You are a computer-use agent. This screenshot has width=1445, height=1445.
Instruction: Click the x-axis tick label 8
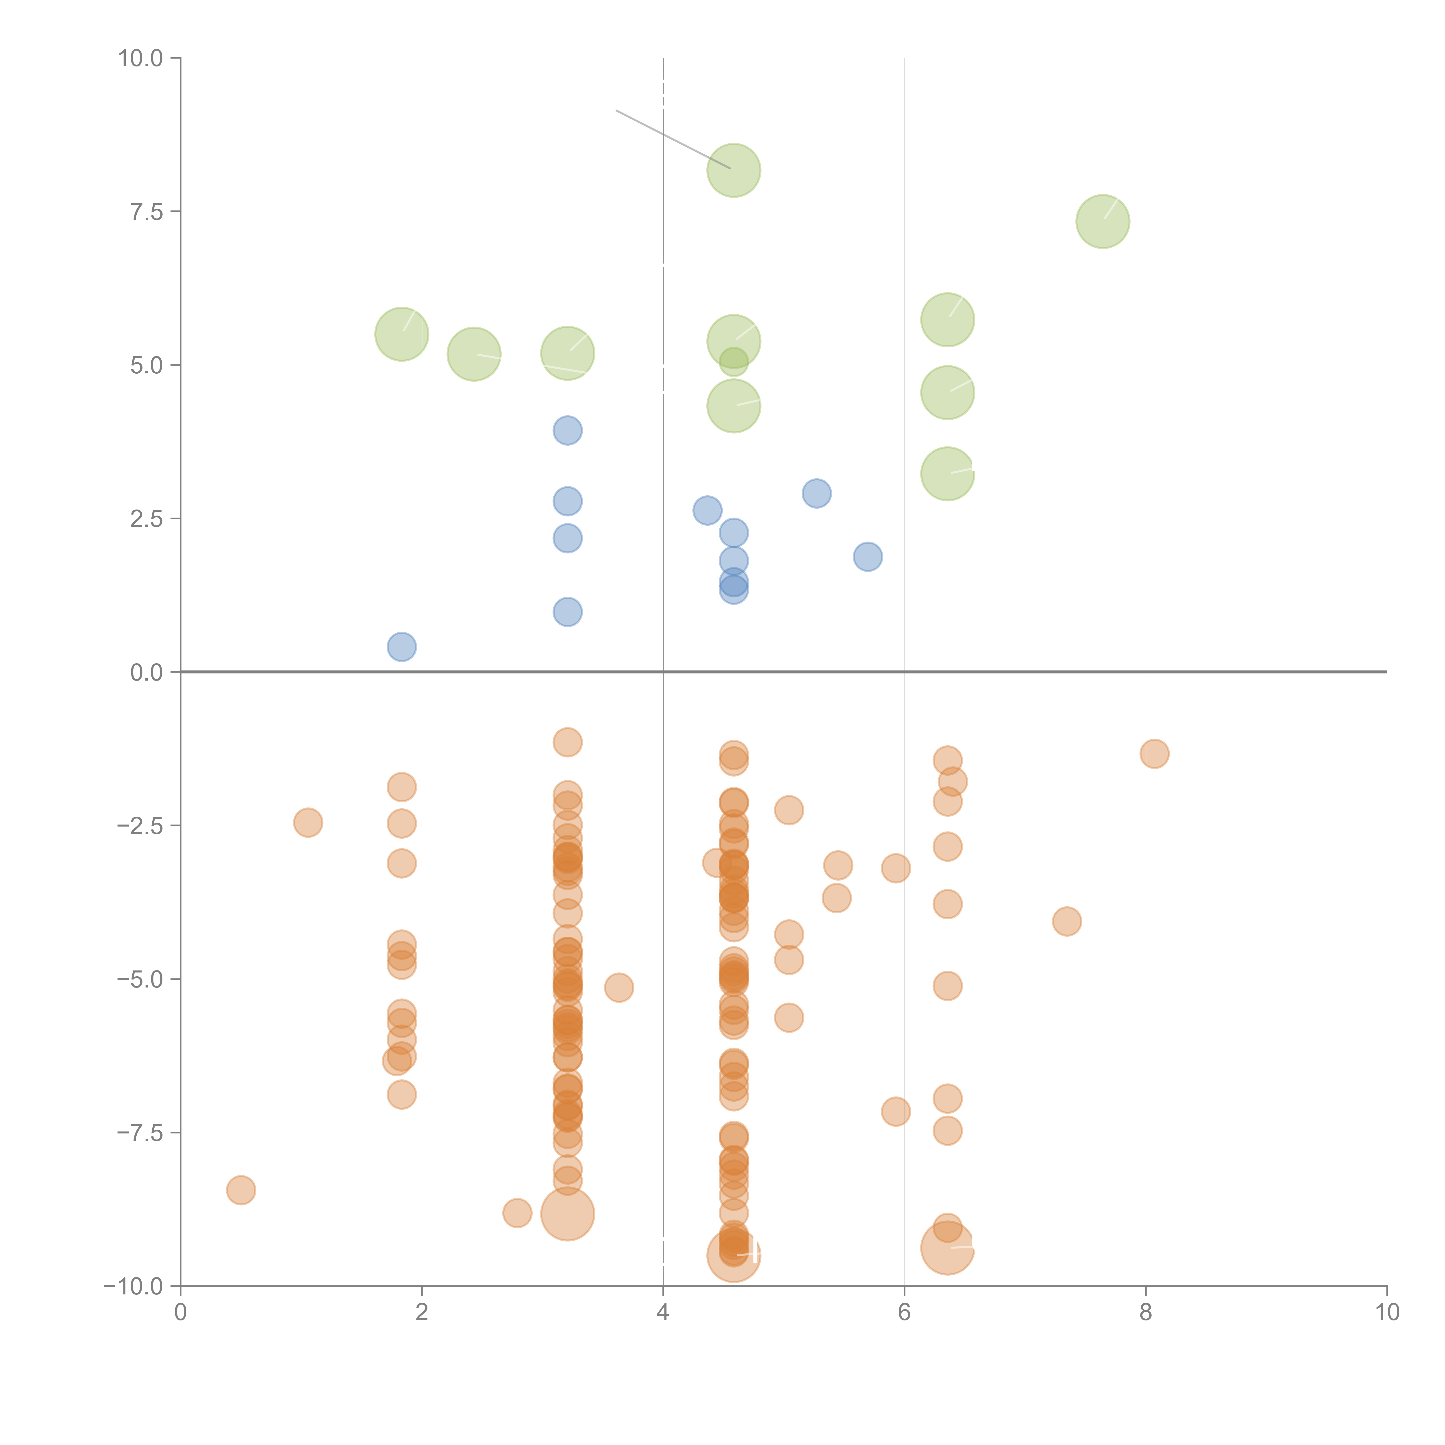click(x=1145, y=1313)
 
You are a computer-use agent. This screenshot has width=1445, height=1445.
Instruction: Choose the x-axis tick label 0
click(x=180, y=1313)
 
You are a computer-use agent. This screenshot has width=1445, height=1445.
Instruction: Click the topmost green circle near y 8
click(x=733, y=171)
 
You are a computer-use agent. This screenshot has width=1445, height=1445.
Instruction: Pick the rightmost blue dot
click(x=868, y=556)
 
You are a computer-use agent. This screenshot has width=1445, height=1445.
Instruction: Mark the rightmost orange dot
click(x=1154, y=754)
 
